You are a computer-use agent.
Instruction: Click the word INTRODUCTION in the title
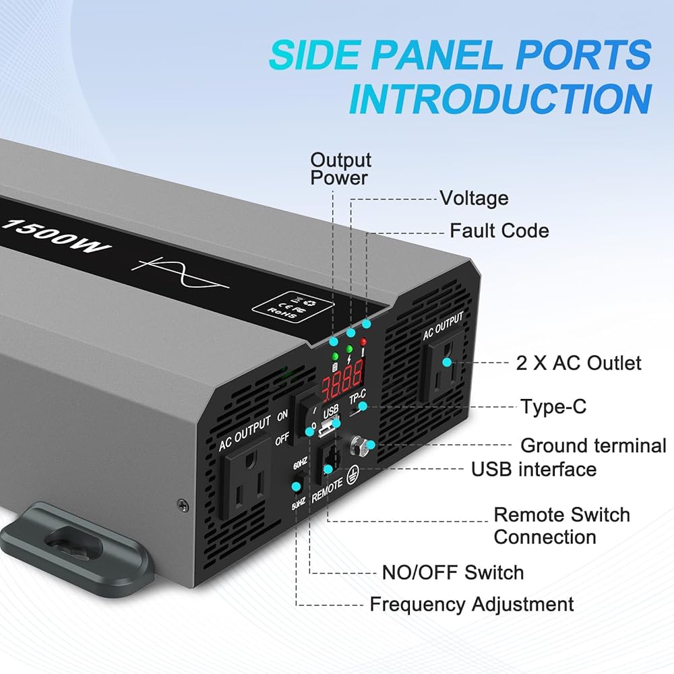[x=499, y=98]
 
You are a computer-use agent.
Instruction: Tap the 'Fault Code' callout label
[x=499, y=231]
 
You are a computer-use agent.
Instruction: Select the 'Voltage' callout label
[x=474, y=198]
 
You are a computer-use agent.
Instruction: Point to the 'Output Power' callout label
[x=340, y=169]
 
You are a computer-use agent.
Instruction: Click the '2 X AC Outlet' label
[x=578, y=363]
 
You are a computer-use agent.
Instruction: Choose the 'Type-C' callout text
[x=553, y=407]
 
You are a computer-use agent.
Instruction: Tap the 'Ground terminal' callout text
[x=594, y=446]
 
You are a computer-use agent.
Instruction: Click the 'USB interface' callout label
[x=534, y=469]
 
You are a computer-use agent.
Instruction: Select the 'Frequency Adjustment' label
[x=472, y=604]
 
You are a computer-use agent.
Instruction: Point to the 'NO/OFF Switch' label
[x=452, y=573]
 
